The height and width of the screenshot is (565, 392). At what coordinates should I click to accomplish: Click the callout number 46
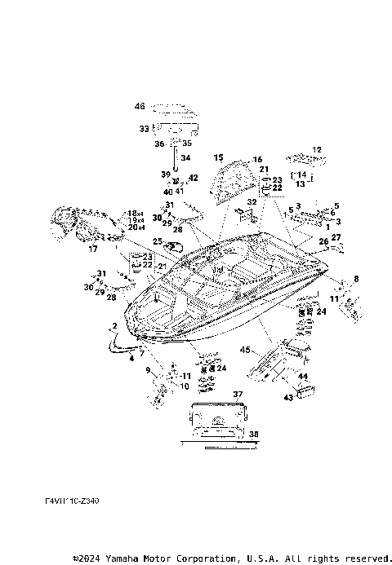140,106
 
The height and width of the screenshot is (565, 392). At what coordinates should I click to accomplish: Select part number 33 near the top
144,128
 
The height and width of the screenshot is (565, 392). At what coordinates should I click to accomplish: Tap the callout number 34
185,158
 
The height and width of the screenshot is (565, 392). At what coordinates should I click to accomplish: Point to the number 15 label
218,157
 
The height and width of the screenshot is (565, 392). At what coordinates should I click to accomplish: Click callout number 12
317,150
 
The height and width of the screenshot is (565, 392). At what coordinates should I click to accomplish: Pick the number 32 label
252,201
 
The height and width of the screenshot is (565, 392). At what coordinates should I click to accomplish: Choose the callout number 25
158,241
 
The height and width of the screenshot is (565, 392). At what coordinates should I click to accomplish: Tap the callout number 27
336,237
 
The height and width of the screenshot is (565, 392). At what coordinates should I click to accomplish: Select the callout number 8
355,279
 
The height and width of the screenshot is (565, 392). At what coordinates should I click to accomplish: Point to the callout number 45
244,351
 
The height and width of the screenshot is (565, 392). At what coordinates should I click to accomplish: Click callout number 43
287,397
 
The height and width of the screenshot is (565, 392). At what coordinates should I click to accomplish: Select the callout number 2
115,326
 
